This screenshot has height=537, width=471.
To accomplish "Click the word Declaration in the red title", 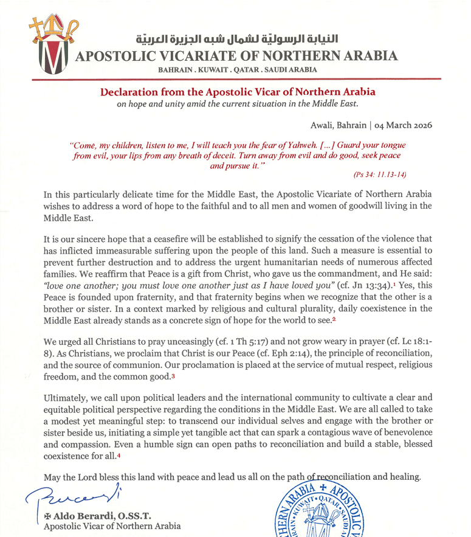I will [131, 92].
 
